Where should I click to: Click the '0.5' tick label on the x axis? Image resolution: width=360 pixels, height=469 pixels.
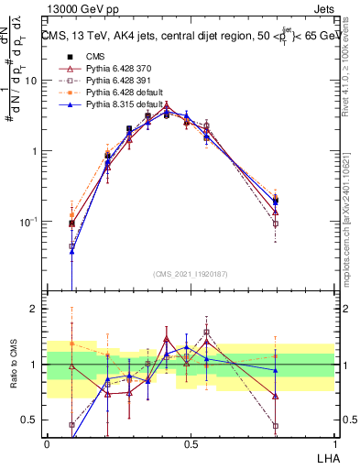(191, 443)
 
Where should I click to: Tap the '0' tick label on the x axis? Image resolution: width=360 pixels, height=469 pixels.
(47, 443)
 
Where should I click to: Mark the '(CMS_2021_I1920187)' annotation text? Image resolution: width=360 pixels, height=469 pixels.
(190, 273)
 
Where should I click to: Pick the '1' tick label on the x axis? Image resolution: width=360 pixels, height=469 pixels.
(333, 443)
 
